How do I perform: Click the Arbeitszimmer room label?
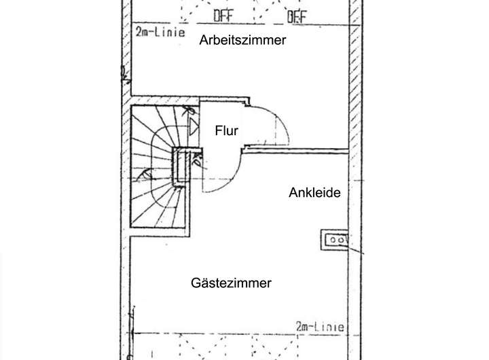coord(242,41)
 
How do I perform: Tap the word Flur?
coord(226,130)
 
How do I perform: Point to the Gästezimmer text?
coord(232,283)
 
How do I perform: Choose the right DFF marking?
coord(296,15)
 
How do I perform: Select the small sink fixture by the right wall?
coord(336,238)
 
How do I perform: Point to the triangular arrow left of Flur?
coord(194,125)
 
